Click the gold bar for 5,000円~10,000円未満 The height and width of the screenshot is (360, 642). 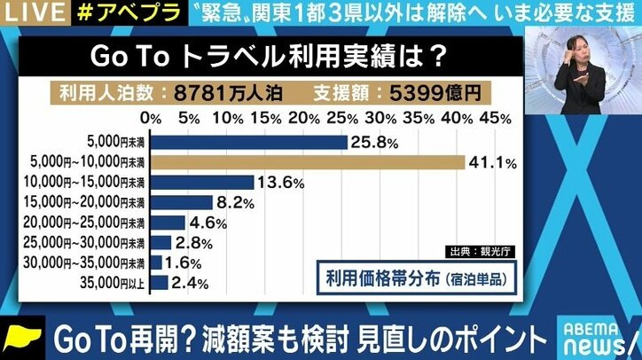(308, 162)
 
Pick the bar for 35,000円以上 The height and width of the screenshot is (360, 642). (160, 283)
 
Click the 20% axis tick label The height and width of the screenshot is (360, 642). (303, 118)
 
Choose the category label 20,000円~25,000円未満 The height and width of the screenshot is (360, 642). (97, 223)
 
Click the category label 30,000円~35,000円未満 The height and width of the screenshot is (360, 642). (97, 263)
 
